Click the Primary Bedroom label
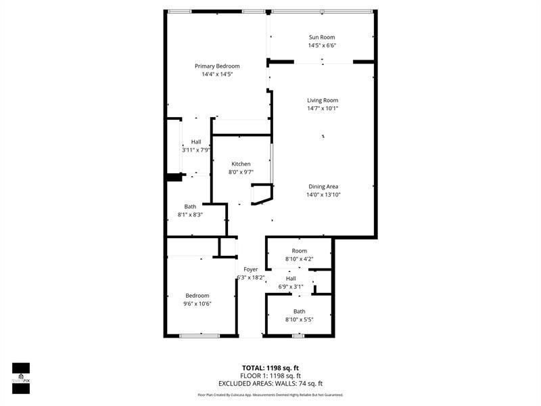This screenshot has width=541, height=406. click(x=217, y=66)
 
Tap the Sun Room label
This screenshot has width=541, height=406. click(x=322, y=37)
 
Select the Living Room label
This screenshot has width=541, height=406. click(x=323, y=100)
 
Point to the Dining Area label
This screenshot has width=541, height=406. click(x=323, y=186)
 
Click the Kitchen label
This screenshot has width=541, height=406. click(x=241, y=164)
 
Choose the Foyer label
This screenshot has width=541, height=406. click(x=251, y=269)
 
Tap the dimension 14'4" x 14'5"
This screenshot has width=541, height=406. click(x=217, y=74)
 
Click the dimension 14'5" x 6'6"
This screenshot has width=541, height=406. click(x=322, y=46)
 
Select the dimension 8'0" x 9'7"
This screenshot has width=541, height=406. click(x=241, y=173)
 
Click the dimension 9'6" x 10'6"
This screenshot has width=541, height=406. click(x=197, y=304)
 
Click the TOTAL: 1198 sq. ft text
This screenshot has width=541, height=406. click(x=270, y=367)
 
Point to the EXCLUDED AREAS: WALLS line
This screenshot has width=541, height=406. click(x=270, y=384)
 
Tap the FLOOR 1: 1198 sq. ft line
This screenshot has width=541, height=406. click(x=270, y=376)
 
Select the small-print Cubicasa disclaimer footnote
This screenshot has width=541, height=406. click(x=270, y=394)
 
